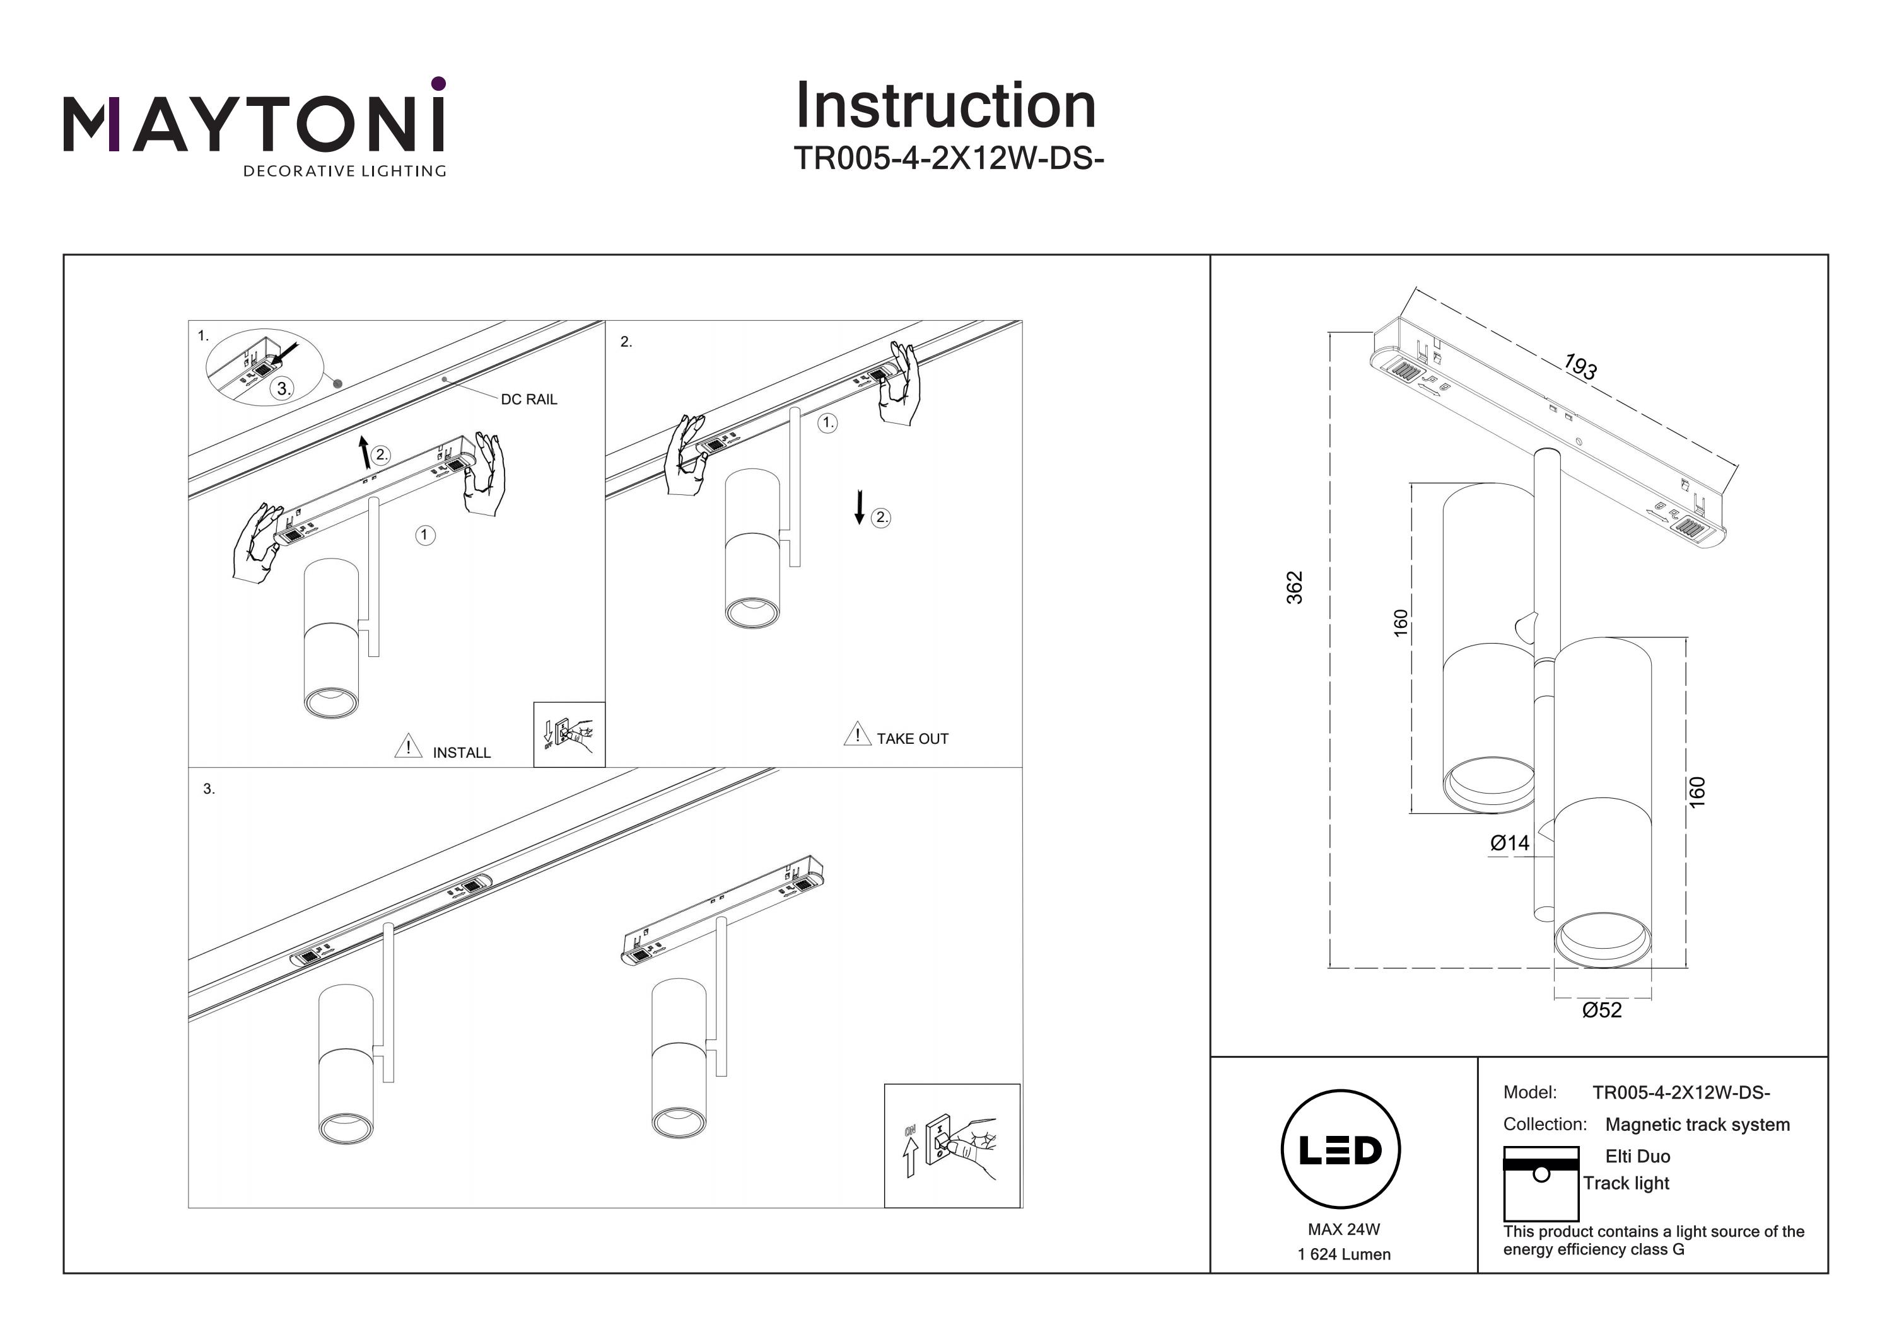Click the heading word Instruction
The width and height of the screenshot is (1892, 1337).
pyautogui.click(x=945, y=107)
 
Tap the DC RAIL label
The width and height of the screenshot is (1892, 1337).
pyautogui.click(x=529, y=400)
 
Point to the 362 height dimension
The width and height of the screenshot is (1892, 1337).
pyautogui.click(x=1295, y=587)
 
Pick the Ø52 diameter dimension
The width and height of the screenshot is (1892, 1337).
pyautogui.click(x=1602, y=1010)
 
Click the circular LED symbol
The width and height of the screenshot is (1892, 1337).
pyautogui.click(x=1341, y=1150)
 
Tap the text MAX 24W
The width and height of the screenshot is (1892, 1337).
pyautogui.click(x=1343, y=1230)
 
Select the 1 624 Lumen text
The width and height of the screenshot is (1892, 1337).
pyautogui.click(x=1343, y=1254)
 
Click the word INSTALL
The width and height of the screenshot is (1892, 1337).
pyautogui.click(x=462, y=753)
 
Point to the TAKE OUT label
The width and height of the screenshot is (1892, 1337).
pyautogui.click(x=912, y=739)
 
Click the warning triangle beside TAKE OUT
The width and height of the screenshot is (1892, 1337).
pyautogui.click(x=857, y=734)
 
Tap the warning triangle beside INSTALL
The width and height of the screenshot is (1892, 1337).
pyautogui.click(x=408, y=746)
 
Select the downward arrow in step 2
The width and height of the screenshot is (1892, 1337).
pyautogui.click(x=860, y=507)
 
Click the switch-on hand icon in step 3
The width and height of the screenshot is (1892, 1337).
pyautogui.click(x=952, y=1146)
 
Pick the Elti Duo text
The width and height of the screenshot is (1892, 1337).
pyautogui.click(x=1637, y=1157)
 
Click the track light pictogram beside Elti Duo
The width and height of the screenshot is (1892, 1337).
pyautogui.click(x=1541, y=1183)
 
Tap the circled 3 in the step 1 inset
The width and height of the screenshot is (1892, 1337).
pyautogui.click(x=283, y=389)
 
